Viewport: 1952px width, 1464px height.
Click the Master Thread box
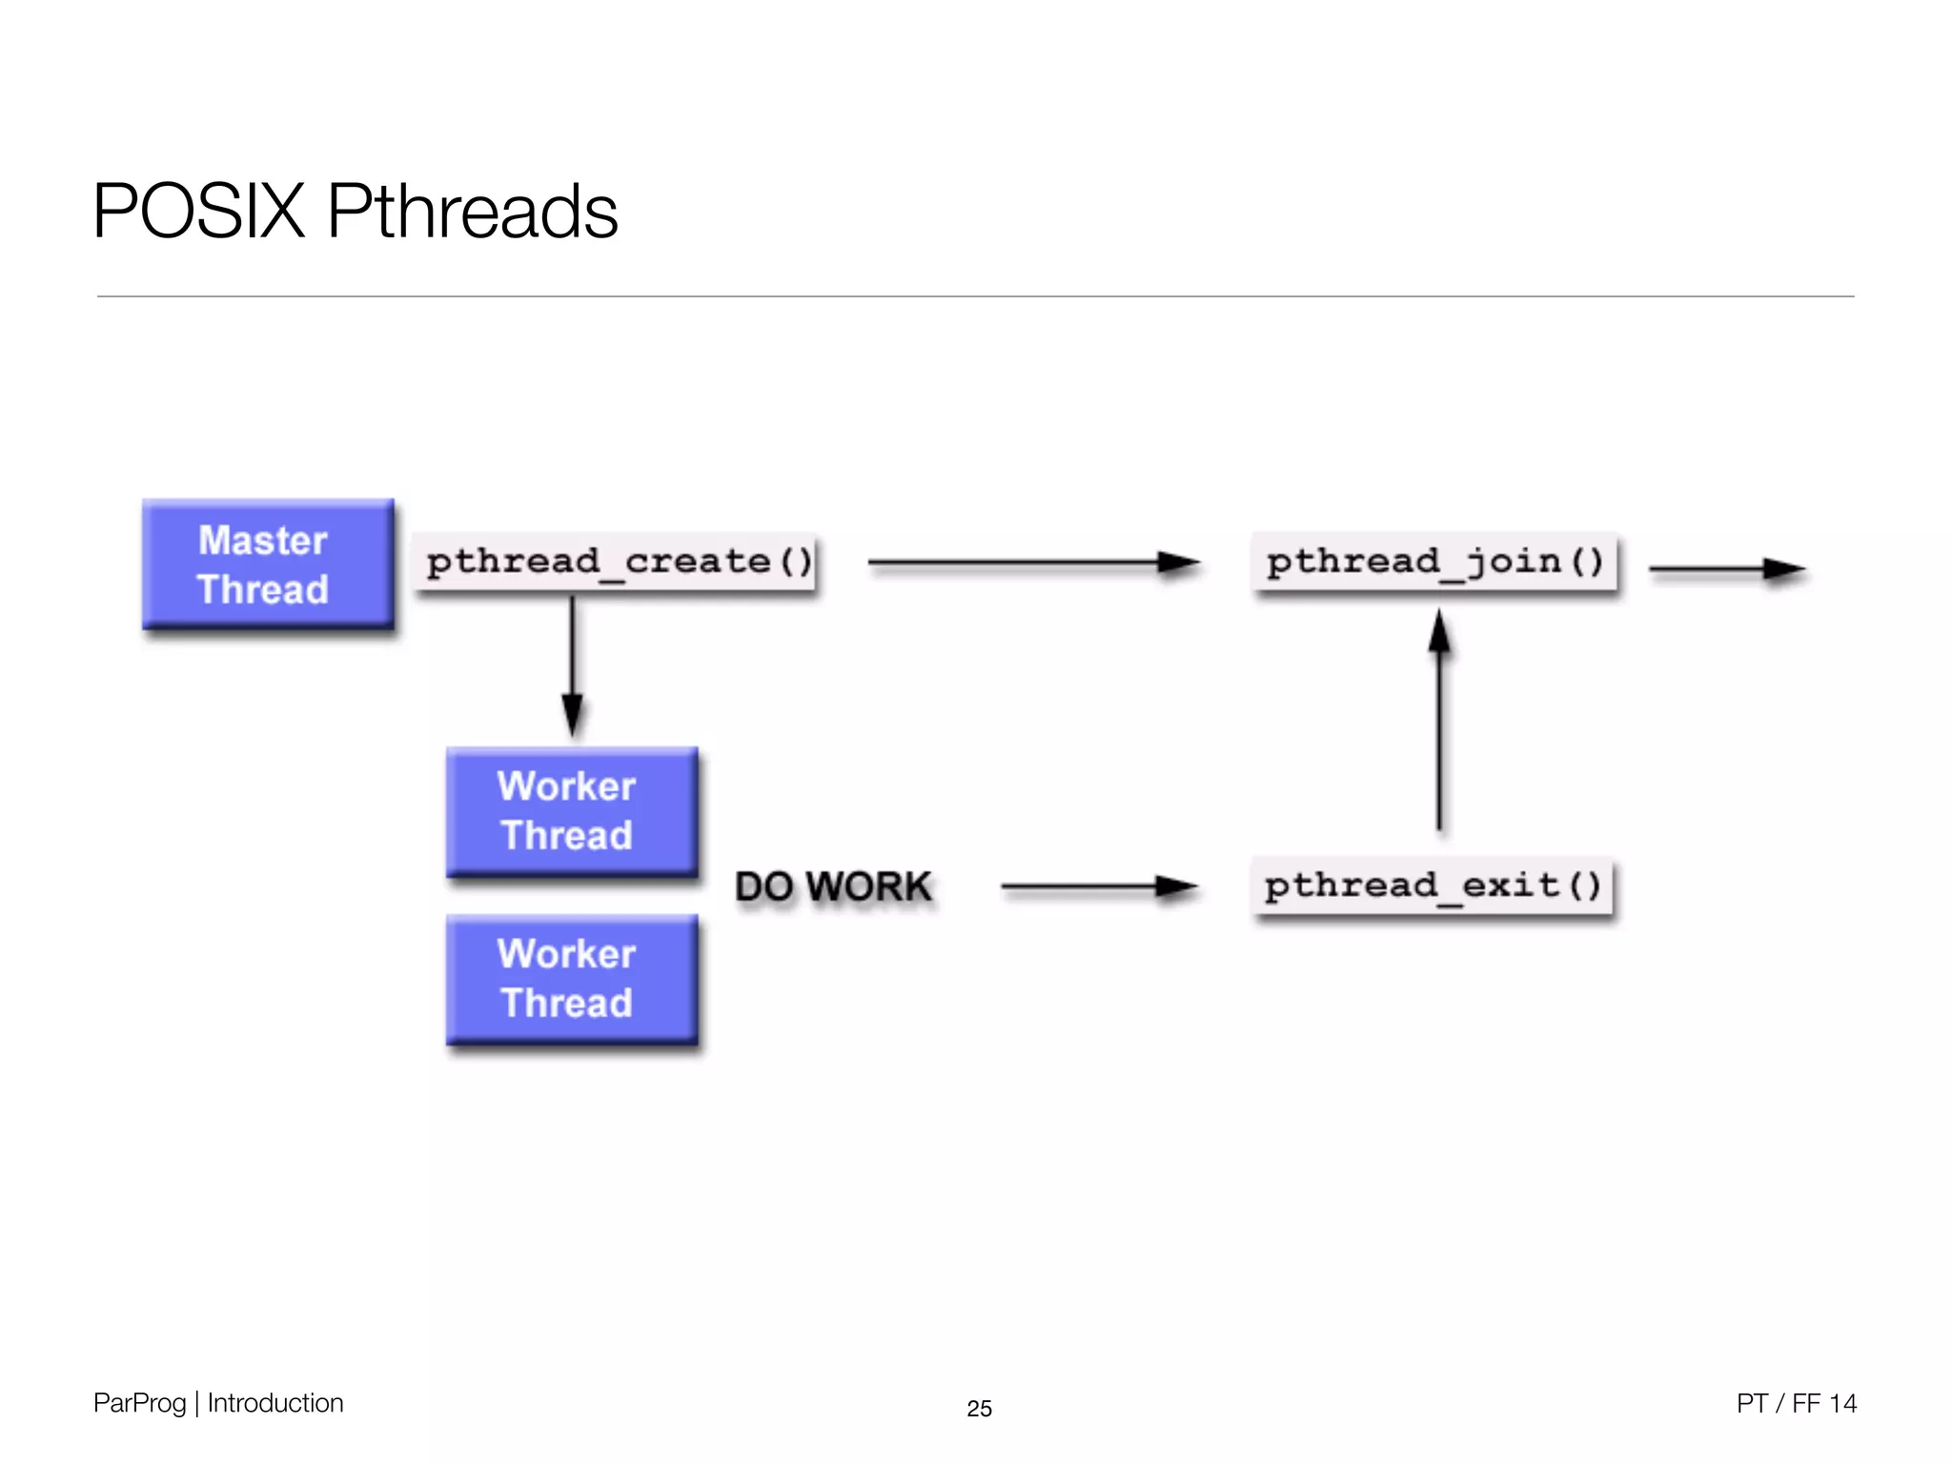coord(268,564)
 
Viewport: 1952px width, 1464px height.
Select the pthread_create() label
coord(618,562)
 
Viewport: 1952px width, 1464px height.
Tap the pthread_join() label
coord(1434,562)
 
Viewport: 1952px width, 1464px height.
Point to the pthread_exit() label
coord(1433,886)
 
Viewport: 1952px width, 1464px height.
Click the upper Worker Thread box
coord(571,811)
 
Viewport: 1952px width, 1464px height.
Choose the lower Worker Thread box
coord(571,979)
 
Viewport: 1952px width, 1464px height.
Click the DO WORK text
coord(833,886)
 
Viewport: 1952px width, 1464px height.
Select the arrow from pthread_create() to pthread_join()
coord(1033,563)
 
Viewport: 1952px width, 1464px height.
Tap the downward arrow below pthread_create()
coord(572,667)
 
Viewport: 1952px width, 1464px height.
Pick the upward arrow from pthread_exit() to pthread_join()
coord(1439,724)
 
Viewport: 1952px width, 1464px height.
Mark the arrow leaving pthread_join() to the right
coord(1726,569)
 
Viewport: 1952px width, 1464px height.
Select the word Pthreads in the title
coord(472,211)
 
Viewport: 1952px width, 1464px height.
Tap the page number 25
coord(979,1408)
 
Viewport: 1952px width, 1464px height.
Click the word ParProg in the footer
coord(139,1403)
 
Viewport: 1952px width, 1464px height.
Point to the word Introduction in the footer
coord(274,1403)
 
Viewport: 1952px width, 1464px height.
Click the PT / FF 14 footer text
coord(1796,1403)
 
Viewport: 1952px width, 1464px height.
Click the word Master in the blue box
coord(262,540)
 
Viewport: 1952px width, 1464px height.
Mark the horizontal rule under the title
coord(975,296)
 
